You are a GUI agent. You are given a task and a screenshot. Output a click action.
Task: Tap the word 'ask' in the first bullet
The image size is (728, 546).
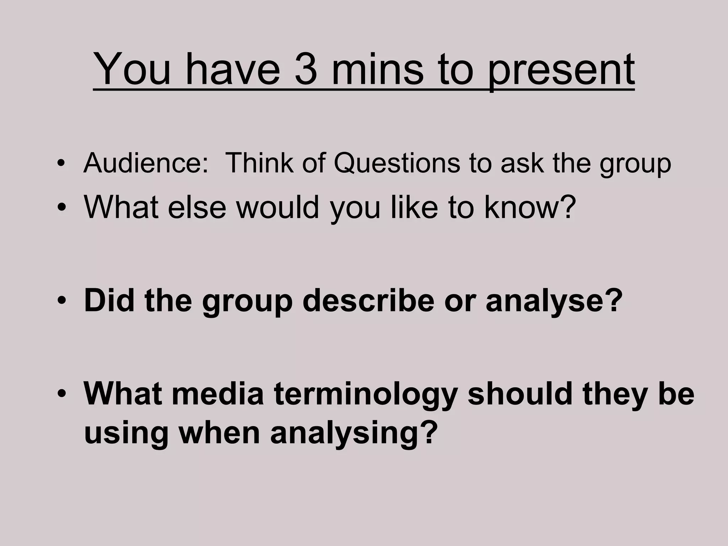522,163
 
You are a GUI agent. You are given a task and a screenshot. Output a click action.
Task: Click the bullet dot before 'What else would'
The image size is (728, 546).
61,208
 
